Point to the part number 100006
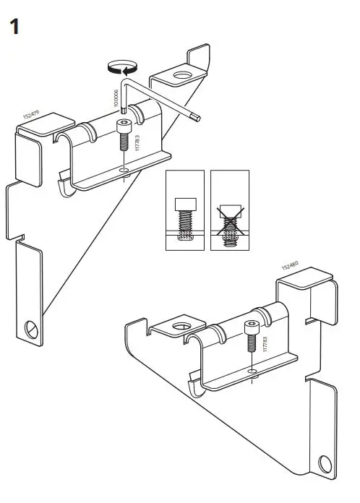click(x=115, y=98)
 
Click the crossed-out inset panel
click(x=230, y=210)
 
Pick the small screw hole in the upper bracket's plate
click(x=126, y=171)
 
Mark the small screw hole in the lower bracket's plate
click(x=252, y=371)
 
